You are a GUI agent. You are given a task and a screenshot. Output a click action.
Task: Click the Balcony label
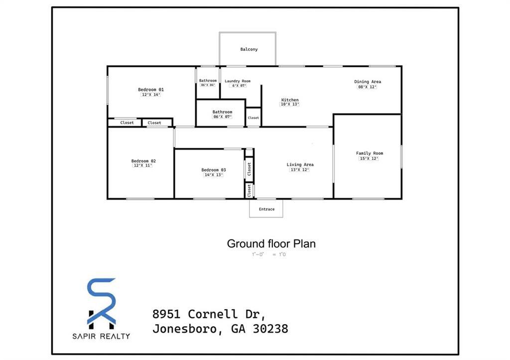point(249,49)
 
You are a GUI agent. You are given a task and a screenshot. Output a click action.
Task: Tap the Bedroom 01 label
point(151,90)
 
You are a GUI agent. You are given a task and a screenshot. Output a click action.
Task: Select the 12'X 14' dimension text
point(151,95)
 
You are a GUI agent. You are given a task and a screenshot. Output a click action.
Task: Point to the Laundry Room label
point(238,81)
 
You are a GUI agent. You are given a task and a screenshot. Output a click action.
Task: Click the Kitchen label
point(290,100)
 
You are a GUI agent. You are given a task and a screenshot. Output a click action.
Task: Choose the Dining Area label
point(368,82)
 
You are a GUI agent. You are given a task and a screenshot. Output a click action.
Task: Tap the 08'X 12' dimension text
point(368,87)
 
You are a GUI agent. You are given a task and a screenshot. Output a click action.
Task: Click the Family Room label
point(370,153)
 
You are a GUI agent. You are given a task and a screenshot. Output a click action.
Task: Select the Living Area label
point(300,165)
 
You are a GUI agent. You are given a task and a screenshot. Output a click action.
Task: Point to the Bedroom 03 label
point(213,170)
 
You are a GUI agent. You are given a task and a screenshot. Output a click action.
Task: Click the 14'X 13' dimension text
point(213,175)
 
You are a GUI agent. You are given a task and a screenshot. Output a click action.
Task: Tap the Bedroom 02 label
point(143,161)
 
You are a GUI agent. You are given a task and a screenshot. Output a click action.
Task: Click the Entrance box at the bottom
point(266,209)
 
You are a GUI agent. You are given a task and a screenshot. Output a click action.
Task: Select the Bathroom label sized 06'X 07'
point(222,112)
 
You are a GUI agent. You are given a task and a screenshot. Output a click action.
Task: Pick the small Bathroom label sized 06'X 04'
point(208,81)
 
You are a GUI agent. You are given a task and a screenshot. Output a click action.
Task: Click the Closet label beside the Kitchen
point(254,118)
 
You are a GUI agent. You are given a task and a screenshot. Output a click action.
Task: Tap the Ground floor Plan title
point(271,244)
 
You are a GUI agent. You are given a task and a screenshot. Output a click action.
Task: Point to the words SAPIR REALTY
point(102,336)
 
